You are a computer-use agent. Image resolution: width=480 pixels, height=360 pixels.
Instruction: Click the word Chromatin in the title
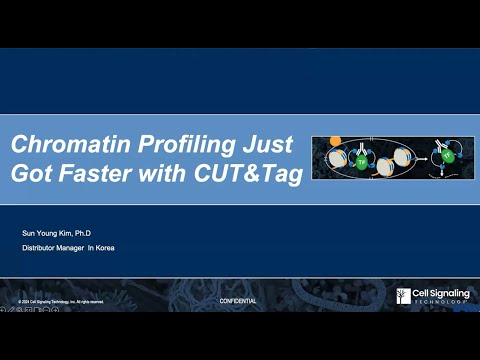click(59, 144)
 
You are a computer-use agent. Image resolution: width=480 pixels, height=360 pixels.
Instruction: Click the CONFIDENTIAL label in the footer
click(237, 301)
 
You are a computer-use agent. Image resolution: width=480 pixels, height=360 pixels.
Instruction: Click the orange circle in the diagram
click(335, 141)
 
